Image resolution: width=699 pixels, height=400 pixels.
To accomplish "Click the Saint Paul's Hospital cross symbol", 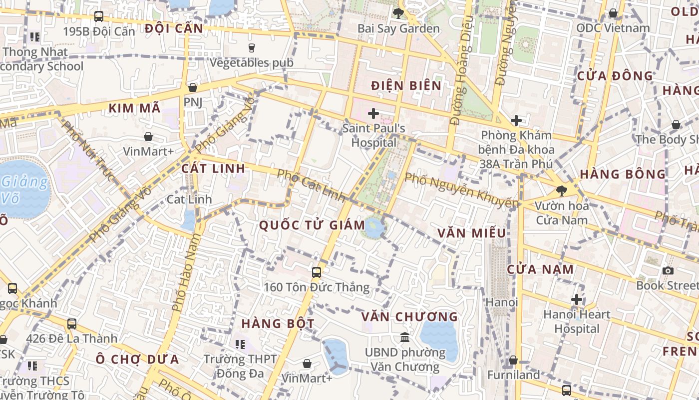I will [373, 113].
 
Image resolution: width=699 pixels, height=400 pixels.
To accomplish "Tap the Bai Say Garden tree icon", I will [398, 13].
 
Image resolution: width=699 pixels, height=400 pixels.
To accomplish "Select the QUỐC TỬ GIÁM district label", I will [312, 225].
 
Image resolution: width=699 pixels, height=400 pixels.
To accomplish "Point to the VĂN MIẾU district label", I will [471, 233].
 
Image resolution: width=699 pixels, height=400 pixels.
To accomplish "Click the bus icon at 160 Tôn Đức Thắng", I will [317, 272].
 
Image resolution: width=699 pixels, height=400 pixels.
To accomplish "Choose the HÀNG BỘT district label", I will [278, 323].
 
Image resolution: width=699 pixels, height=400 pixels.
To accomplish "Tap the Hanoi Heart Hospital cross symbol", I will [577, 300].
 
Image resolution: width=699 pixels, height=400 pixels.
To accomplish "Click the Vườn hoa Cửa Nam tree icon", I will [562, 190].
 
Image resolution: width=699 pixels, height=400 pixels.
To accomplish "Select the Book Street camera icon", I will [668, 271].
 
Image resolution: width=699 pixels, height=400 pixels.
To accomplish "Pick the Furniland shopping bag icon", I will [513, 360].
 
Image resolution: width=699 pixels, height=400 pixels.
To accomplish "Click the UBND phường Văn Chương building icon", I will [405, 337].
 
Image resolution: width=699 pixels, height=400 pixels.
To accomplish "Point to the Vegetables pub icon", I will [251, 48].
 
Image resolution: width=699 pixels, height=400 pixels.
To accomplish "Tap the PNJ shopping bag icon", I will [192, 87].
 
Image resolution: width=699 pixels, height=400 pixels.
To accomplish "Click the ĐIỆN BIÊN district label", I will [406, 85].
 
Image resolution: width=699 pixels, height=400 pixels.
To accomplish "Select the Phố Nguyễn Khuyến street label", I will [461, 190].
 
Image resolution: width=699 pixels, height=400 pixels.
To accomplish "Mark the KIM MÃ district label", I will [134, 108].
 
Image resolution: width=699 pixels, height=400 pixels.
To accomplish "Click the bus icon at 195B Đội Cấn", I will [99, 16].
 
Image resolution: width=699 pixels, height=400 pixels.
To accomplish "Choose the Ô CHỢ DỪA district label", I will [137, 359].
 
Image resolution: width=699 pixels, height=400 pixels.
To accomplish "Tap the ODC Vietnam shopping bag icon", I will [613, 13].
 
